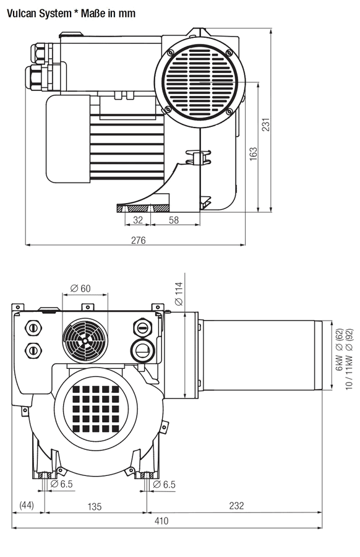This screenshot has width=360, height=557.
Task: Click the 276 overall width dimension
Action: (138, 241)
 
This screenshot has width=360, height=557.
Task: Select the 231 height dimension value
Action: (266, 124)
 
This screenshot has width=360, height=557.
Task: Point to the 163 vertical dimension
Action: (254, 154)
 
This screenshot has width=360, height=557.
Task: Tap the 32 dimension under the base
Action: (138, 220)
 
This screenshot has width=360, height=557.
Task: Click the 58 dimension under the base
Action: (174, 220)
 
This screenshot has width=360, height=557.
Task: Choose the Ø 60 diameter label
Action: (80, 288)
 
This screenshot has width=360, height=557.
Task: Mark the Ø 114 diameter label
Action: (179, 293)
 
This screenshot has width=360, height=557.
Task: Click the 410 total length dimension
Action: (161, 520)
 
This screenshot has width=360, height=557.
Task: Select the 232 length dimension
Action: (236, 506)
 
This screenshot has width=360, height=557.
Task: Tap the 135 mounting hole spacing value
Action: (95, 506)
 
